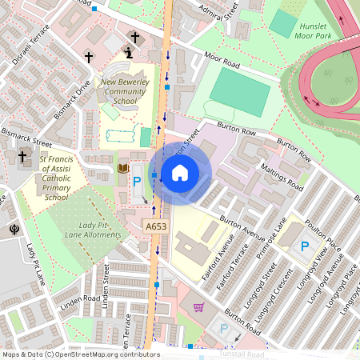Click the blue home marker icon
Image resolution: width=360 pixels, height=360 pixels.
pos(180,173)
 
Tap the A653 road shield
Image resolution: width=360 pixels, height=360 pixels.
pos(157,228)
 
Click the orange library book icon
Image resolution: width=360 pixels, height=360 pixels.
pos(123,168)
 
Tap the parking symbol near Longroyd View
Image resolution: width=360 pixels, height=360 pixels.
pos(305,246)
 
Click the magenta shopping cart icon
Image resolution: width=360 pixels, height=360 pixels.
pos(198,306)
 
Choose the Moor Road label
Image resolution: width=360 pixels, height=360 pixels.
pos(222,58)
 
